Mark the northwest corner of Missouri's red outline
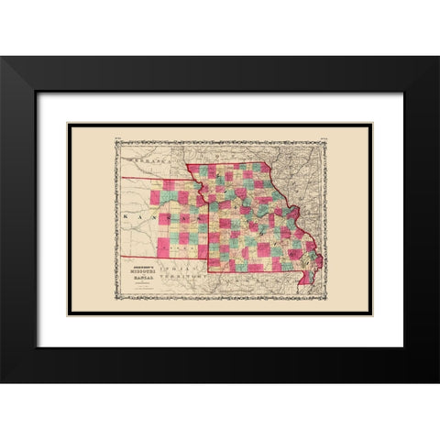click(x=188, y=165)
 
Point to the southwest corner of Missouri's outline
click(x=208, y=272)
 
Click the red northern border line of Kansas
click(x=156, y=180)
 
